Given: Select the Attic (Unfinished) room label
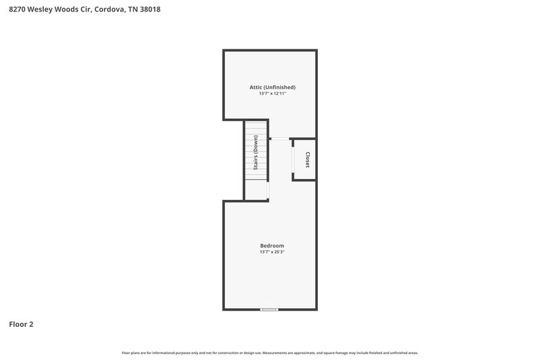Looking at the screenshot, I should [273, 87].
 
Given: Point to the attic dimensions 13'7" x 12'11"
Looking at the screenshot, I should [273, 94].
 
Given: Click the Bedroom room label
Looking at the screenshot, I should [272, 245].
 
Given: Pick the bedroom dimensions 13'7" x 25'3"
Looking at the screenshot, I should [272, 252].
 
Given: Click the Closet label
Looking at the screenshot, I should [308, 159].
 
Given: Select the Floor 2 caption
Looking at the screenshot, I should [21, 324].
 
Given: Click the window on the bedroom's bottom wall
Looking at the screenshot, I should [269, 309].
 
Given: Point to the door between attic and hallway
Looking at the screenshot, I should [279, 139].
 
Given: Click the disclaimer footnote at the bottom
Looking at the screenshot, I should [270, 353].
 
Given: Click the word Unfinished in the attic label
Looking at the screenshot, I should [279, 87].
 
